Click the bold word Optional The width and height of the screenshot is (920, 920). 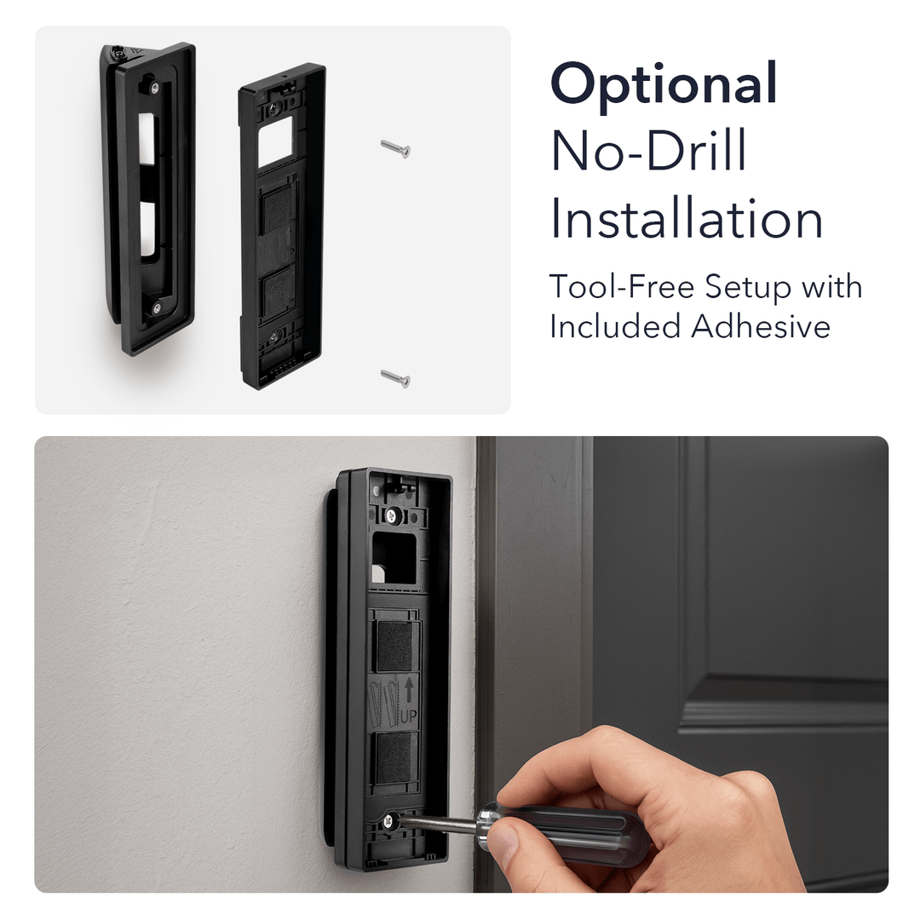(664, 83)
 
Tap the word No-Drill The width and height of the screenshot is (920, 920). (649, 151)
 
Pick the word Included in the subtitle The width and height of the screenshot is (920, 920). (616, 326)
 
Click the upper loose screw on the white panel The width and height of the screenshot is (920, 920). (395, 149)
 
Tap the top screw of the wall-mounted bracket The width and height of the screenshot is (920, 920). (393, 515)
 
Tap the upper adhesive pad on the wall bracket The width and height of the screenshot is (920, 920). (394, 646)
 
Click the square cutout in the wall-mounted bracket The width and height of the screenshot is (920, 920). (394, 559)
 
